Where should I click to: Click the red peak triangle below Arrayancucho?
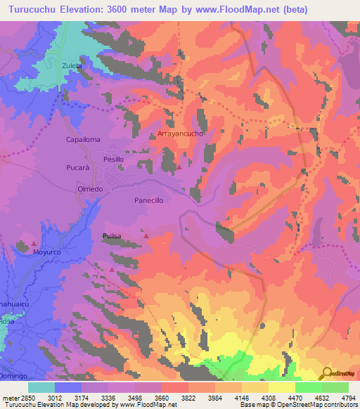179,167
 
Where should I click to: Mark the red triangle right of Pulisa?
146,236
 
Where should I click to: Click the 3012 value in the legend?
54,398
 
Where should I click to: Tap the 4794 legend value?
348,398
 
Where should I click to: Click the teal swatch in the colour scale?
41,387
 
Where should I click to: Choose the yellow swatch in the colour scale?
281,387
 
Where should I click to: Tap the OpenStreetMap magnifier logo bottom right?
326,373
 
